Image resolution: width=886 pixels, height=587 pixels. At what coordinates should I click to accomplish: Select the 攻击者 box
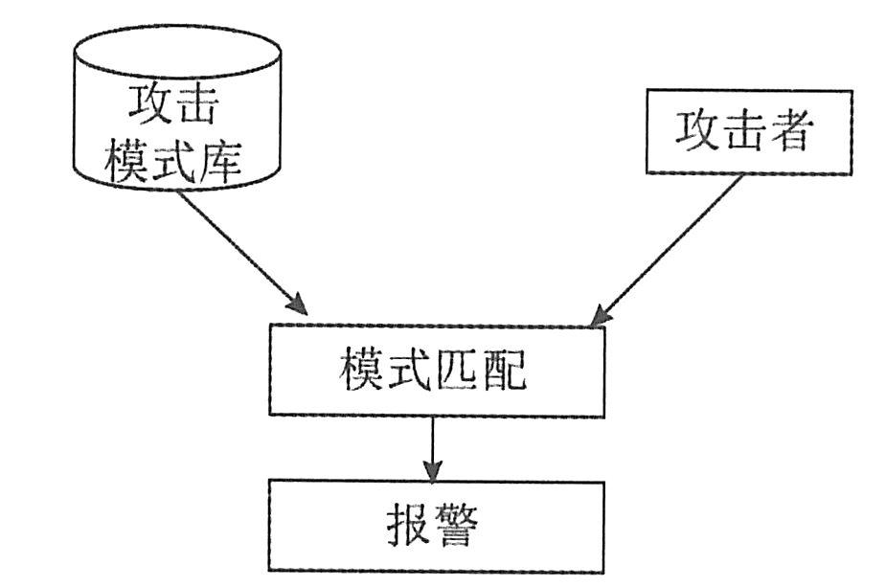748,131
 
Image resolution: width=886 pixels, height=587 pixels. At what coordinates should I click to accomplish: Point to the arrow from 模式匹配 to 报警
433,446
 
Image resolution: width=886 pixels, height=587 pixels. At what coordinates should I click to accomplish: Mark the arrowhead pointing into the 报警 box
433,472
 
